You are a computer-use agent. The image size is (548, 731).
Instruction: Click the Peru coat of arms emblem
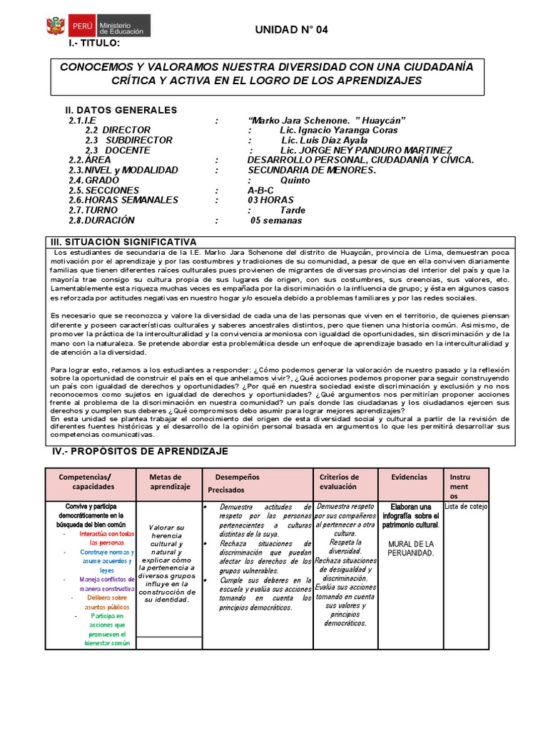click(56, 27)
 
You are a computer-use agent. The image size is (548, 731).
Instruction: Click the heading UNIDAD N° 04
click(292, 29)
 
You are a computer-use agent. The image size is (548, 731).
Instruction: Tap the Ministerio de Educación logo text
click(121, 28)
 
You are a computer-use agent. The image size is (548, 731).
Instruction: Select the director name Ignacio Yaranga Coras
click(339, 131)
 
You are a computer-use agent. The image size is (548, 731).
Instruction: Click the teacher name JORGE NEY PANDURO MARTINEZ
click(366, 151)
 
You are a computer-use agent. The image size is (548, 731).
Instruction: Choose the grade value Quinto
click(295, 181)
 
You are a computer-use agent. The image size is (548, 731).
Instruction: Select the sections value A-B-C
click(262, 191)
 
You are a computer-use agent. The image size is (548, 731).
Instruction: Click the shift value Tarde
click(293, 211)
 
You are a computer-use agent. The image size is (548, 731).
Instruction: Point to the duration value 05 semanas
click(278, 221)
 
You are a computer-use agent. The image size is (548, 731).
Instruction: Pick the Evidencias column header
click(410, 477)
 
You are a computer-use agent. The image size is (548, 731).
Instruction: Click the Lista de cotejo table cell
click(465, 507)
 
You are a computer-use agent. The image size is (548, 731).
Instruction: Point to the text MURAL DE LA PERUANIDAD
click(410, 548)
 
